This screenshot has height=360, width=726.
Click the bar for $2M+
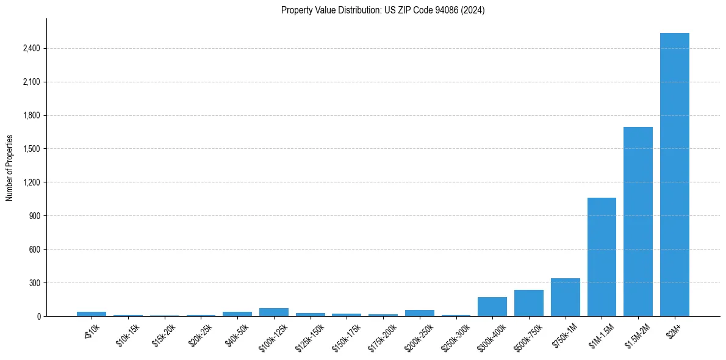tap(674, 175)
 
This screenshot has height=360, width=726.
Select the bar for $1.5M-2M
tap(638, 221)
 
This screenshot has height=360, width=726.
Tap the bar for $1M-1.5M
tap(602, 257)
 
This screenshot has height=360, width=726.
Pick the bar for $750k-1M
tap(565, 297)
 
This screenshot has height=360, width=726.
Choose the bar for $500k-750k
tap(528, 303)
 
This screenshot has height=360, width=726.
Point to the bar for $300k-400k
tap(492, 307)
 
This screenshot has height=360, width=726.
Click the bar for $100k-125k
tap(273, 312)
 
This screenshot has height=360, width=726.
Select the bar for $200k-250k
tap(419, 313)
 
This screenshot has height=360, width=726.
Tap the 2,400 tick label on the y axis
tap(31, 48)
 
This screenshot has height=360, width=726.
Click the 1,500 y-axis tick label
tap(31, 149)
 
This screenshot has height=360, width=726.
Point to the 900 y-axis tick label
tap(34, 216)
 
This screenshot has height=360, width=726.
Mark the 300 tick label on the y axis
tap(34, 283)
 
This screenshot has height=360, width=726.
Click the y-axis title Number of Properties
tap(9, 167)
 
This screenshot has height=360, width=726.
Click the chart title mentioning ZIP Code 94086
tap(383, 10)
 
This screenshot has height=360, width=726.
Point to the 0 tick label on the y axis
tap(38, 317)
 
